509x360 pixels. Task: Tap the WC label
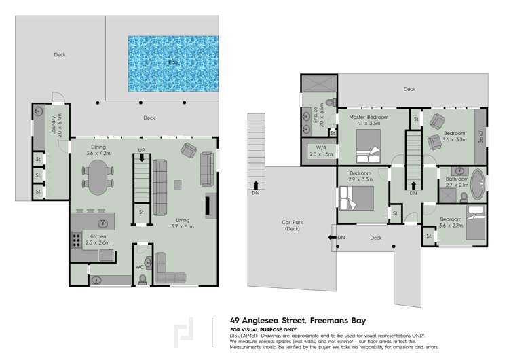[139, 266]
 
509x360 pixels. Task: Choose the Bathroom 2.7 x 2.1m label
[453, 182]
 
